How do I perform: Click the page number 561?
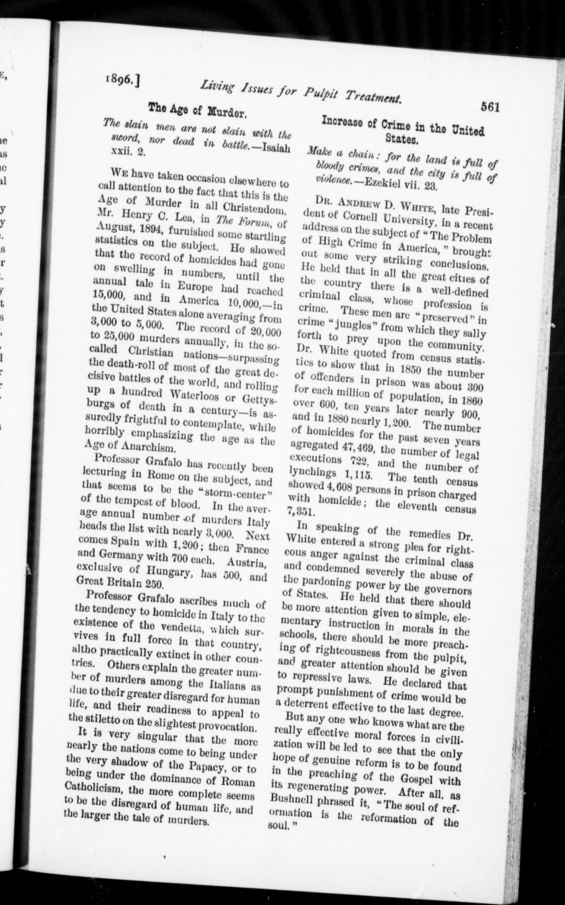pos(490,107)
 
